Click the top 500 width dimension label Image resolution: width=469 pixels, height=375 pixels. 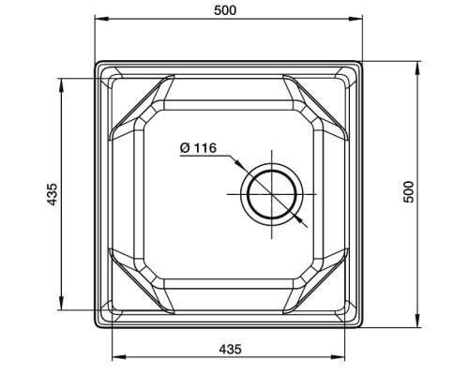[225, 10]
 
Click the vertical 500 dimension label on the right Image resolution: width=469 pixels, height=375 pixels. [408, 192]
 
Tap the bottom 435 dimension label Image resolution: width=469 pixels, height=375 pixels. [230, 349]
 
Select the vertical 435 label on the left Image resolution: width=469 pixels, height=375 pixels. [53, 194]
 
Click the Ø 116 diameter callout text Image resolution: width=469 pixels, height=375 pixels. [198, 148]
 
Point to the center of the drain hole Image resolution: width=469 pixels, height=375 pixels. [272, 194]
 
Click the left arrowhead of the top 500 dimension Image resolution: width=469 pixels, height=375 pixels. [102, 19]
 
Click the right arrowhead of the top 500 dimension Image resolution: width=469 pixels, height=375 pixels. [356, 19]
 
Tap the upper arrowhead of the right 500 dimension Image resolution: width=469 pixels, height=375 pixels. [417, 68]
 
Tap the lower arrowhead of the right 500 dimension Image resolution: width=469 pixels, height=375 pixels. [417, 321]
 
